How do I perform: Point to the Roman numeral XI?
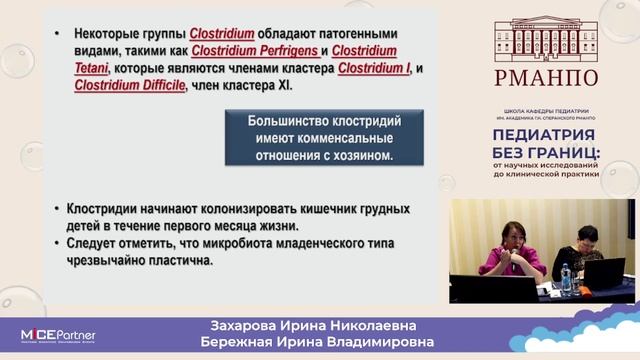(298, 85)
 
